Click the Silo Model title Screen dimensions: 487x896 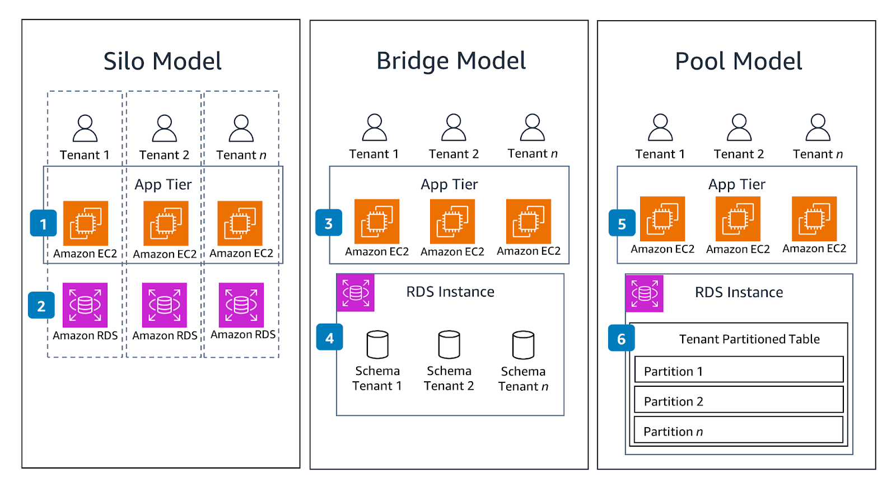162,61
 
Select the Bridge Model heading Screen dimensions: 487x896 451,60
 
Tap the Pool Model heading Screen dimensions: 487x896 738,61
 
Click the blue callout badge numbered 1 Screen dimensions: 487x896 43,223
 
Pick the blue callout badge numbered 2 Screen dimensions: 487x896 41,306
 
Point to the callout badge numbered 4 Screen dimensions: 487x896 329,338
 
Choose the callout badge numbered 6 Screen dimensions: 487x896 622,338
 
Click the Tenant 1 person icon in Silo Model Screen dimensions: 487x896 85,128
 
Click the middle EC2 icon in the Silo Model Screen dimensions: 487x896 166,223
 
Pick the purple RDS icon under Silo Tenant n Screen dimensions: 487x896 241,305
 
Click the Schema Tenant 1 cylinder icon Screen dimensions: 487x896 377,344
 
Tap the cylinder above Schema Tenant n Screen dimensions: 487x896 523,345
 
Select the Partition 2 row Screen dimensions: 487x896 739,401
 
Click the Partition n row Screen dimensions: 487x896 739,431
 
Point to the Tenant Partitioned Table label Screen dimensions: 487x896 749,339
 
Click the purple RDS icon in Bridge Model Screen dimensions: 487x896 356,292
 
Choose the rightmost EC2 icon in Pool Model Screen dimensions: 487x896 814,219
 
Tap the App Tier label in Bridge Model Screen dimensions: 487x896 449,184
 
